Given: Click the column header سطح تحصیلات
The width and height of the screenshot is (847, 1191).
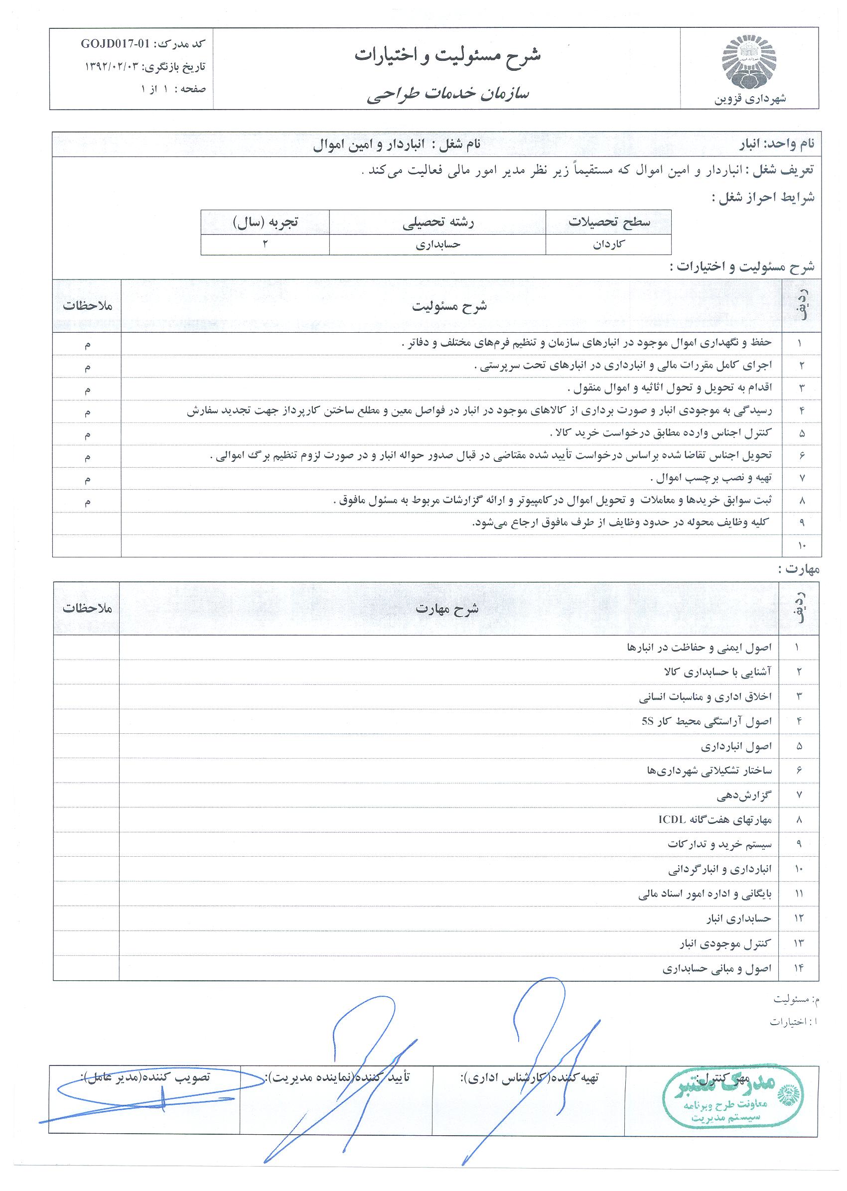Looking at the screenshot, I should click(609, 222).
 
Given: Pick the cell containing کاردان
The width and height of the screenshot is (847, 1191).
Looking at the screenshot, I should click(609, 245).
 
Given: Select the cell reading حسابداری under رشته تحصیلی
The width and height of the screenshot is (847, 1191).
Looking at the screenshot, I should click(438, 245).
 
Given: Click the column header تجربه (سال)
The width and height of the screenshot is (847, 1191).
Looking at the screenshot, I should click(266, 222).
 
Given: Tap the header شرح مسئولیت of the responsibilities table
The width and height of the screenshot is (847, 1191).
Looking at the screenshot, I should click(449, 306).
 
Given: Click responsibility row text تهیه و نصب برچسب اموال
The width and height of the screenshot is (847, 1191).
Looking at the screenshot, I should click(710, 478).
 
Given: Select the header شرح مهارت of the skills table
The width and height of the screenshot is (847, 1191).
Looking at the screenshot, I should click(447, 609).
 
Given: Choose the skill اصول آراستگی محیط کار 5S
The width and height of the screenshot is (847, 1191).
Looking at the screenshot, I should click(706, 722).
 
